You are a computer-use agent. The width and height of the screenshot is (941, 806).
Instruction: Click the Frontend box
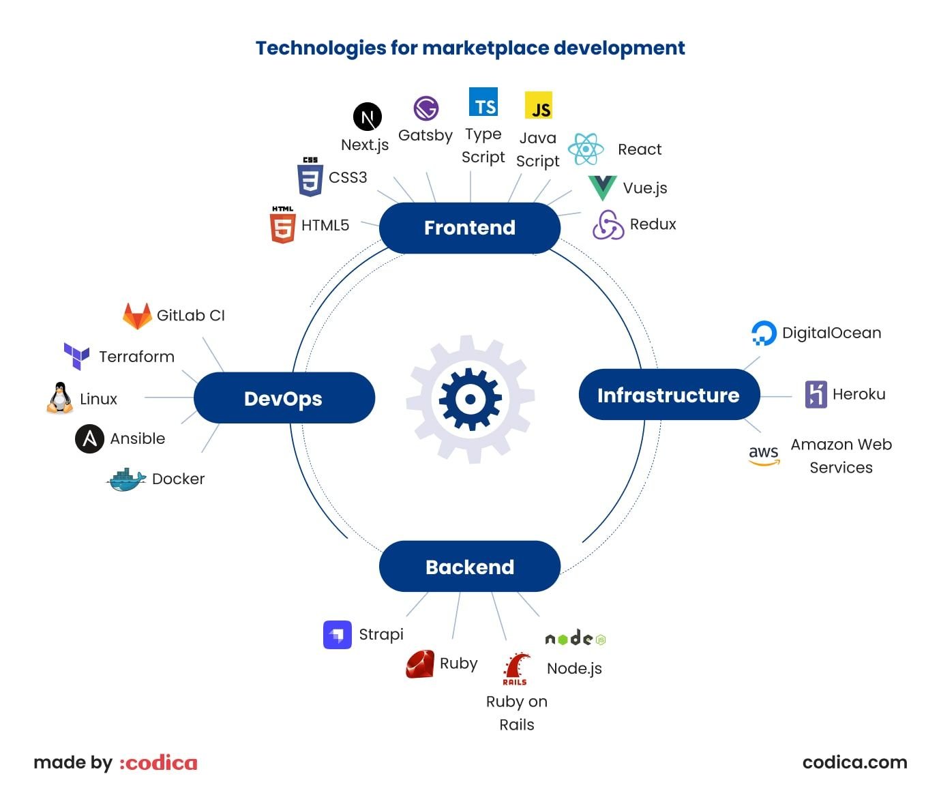tap(469, 228)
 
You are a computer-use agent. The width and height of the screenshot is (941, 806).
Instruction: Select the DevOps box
tap(284, 398)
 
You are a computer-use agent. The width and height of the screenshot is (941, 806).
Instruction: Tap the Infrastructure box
tap(668, 395)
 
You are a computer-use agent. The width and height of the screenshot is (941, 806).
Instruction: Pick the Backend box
tap(469, 567)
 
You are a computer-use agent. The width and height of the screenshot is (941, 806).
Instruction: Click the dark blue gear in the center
tap(470, 399)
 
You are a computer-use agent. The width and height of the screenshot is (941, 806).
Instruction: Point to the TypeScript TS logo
tap(483, 102)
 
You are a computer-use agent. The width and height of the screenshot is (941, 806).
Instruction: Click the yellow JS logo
tap(539, 106)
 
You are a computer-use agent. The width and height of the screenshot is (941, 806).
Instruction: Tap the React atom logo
tap(586, 149)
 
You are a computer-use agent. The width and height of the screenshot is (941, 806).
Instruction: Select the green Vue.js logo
tap(602, 188)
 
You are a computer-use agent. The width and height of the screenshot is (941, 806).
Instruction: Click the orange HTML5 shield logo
tap(282, 226)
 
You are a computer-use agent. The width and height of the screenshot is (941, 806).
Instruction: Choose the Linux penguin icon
tap(60, 398)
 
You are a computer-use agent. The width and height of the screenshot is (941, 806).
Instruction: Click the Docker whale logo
tap(127, 480)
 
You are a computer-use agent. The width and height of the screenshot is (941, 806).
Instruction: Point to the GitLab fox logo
tap(137, 316)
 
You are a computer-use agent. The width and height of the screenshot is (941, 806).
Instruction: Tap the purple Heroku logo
tap(816, 394)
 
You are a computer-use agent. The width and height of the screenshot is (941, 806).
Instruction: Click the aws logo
tap(763, 455)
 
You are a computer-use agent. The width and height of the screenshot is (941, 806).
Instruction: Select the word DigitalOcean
tap(831, 333)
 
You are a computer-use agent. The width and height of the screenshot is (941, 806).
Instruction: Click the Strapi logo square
tap(337, 635)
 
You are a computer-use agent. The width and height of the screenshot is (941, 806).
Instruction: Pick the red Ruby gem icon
tap(420, 664)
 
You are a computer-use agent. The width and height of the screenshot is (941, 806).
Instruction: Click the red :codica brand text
tap(159, 762)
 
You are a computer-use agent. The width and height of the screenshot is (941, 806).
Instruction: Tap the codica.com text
tap(854, 762)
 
